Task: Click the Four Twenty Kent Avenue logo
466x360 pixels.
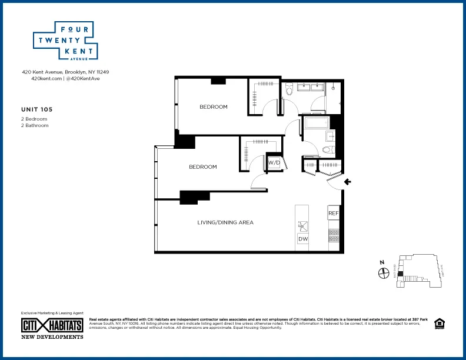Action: (65, 41)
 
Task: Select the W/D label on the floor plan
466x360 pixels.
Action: (274, 162)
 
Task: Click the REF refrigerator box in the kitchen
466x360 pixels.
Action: (334, 213)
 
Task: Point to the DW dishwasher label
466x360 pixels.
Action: (303, 239)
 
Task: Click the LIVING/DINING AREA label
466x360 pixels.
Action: (225, 222)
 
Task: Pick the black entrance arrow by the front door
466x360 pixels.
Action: (347, 182)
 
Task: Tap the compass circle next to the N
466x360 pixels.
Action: (384, 273)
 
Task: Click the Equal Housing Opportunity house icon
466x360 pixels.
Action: (438, 324)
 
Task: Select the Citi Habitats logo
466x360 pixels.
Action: (52, 325)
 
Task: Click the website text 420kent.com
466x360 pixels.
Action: (46, 78)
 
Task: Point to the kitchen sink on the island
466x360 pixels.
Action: (303, 225)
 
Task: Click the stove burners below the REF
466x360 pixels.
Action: (334, 235)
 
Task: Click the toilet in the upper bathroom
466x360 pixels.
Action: (289, 89)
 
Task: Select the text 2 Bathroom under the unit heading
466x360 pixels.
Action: (34, 125)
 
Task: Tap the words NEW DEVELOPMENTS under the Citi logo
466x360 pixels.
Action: (52, 337)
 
